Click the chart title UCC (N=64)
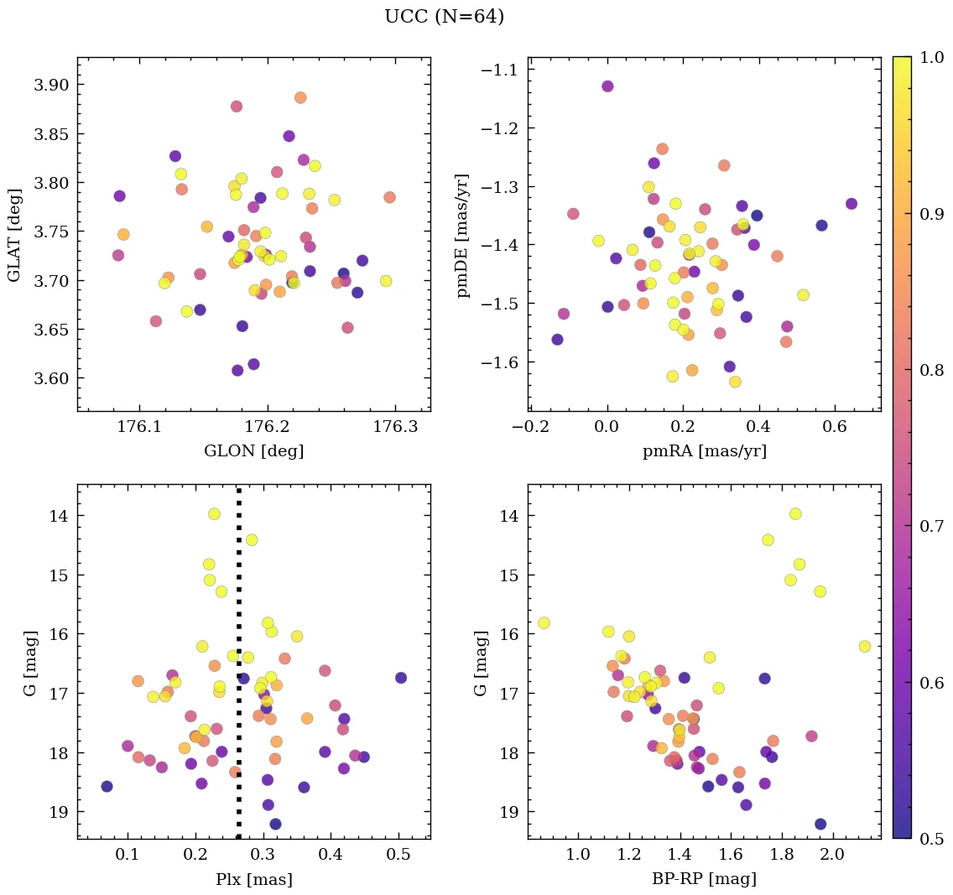click(444, 17)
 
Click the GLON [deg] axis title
click(253, 451)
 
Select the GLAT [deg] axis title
click(14, 233)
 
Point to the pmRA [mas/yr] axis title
click(704, 451)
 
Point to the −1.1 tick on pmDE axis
click(500, 70)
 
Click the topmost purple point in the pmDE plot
click(607, 86)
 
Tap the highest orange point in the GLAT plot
click(300, 97)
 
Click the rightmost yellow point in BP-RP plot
click(865, 646)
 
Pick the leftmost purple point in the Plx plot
click(107, 786)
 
